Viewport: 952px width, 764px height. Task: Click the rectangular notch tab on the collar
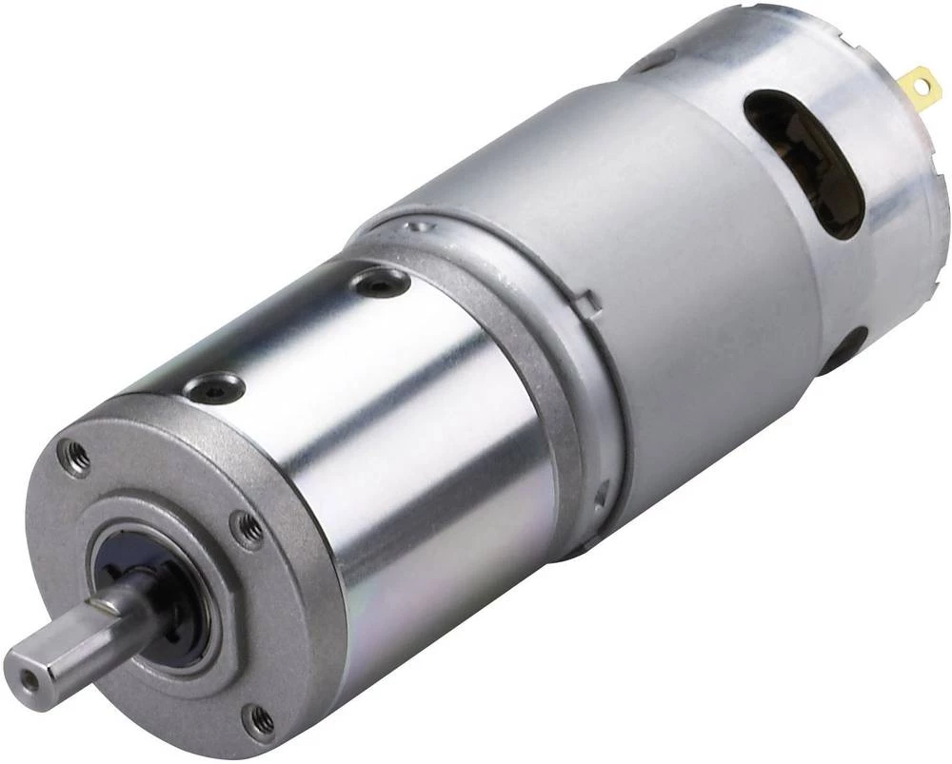pos(589,304)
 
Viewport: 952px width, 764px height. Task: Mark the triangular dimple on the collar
pos(600,492)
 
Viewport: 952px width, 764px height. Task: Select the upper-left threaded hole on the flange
pos(75,458)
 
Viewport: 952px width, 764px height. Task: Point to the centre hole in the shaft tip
pos(31,681)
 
